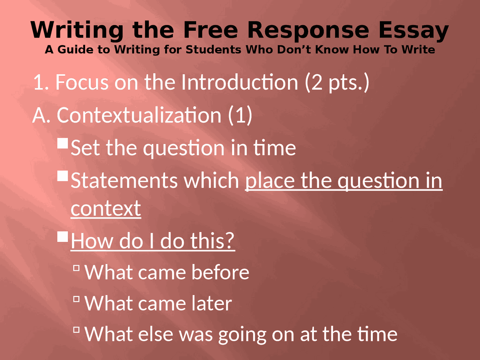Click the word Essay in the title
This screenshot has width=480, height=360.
click(413, 30)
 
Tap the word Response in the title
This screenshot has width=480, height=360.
click(308, 30)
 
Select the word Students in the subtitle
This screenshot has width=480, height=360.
click(213, 49)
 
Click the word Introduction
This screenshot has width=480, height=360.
click(240, 82)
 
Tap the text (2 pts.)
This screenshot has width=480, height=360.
click(337, 82)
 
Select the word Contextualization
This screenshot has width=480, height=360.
click(139, 115)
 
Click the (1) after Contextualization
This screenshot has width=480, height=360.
click(240, 115)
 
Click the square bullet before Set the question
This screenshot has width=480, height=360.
click(63, 143)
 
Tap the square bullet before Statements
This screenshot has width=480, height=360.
click(63, 176)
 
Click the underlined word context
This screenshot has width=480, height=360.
click(106, 208)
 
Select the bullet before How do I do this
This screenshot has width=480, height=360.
click(63, 236)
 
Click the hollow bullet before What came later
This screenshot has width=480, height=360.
click(76, 299)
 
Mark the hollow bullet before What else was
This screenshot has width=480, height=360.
click(76, 330)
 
